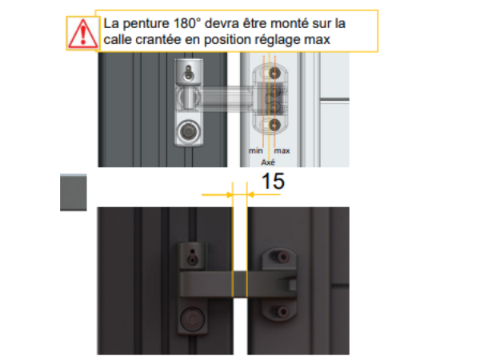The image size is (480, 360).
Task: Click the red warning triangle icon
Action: (x=83, y=34)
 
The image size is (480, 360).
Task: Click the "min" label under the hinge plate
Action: (x=256, y=150)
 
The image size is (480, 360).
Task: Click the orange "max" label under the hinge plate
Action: (x=282, y=150)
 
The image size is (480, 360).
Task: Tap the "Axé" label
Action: (x=268, y=162)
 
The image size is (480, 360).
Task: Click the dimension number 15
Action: (x=273, y=182)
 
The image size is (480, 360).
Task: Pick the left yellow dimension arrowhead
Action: (x=230, y=194)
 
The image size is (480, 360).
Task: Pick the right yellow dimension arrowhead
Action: (x=250, y=194)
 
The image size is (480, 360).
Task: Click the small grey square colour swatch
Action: (x=74, y=192)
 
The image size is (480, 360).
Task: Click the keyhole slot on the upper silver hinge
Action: (x=189, y=73)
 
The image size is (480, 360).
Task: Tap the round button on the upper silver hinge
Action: (x=188, y=132)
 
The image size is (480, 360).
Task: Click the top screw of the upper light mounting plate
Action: (x=274, y=73)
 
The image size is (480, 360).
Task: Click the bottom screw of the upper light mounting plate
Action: (x=274, y=125)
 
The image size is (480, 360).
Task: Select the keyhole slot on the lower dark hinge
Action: (x=192, y=257)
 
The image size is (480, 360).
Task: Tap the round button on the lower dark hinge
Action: (x=192, y=319)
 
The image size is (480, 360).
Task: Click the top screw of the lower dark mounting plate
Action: (x=283, y=257)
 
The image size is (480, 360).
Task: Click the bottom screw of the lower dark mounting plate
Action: (x=282, y=312)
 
